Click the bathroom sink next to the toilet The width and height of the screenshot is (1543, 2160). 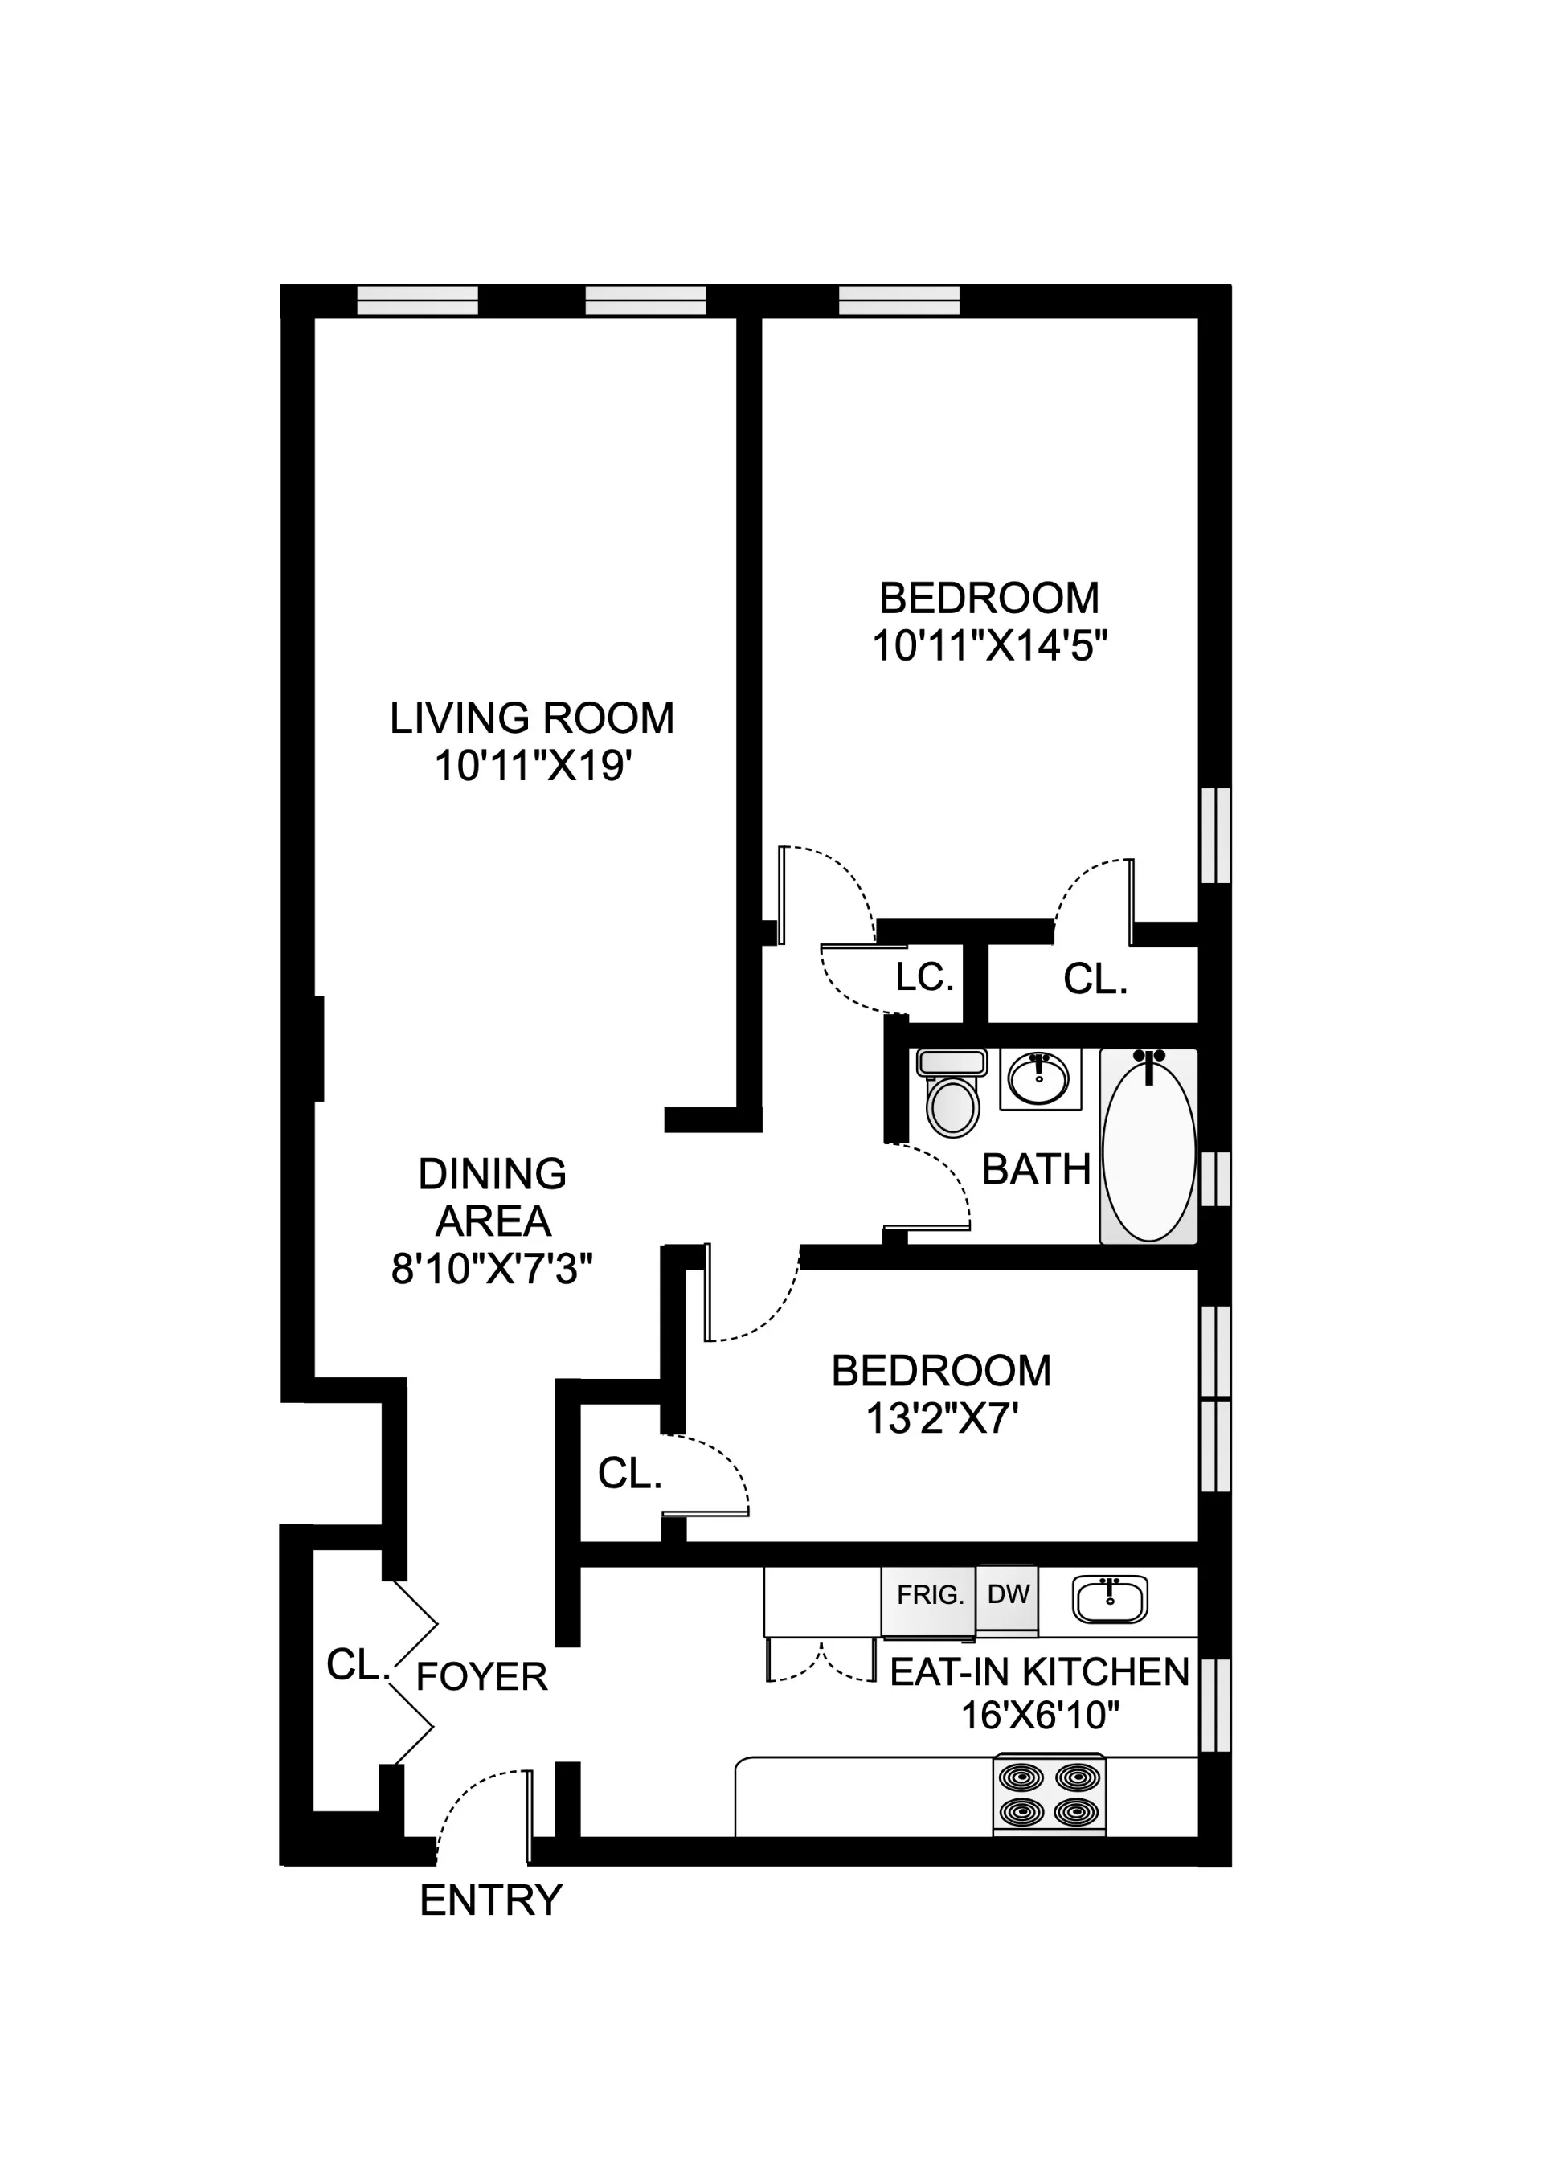[1039, 1079]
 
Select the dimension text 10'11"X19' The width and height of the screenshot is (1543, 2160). [533, 766]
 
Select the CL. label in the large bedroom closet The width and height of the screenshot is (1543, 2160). [1095, 980]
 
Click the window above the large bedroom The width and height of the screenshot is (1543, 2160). [898, 301]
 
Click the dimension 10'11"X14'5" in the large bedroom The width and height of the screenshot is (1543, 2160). [989, 647]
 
